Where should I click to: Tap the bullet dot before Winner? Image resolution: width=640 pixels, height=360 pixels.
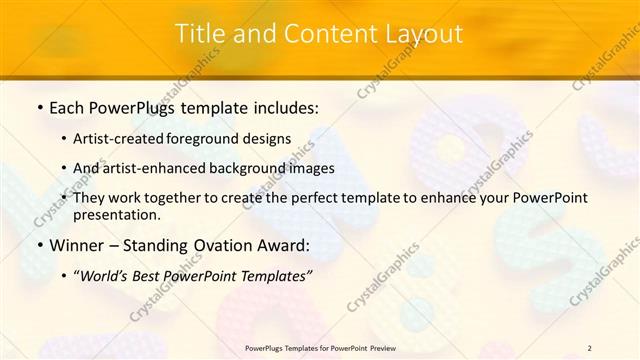[x=38, y=245]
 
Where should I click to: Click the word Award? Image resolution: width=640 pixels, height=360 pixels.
[x=284, y=245]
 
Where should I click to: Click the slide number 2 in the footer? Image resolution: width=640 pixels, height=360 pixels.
[x=589, y=347]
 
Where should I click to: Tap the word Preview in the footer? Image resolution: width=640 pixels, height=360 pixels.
[x=390, y=347]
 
